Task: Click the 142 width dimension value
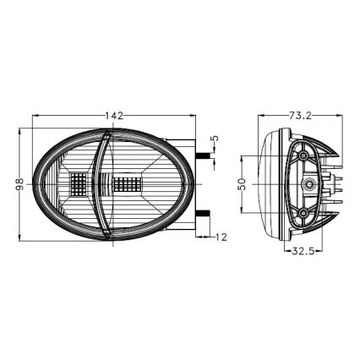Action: (116, 115)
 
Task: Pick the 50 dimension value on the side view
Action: (242, 184)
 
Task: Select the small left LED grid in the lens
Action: (79, 183)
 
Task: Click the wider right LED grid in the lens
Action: (127, 183)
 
